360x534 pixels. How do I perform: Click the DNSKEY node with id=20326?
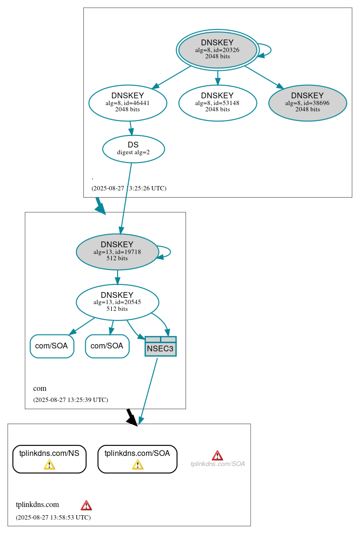[217, 50]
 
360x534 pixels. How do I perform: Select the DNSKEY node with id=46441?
[128, 103]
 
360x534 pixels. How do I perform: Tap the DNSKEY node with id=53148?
[217, 103]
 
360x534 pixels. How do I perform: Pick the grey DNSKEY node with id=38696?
[307, 103]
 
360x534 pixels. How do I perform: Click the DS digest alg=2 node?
[133, 149]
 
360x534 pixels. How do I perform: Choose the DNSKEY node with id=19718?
[117, 252]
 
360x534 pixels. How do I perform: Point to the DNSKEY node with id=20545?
[117, 302]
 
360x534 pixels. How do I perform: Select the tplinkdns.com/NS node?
[49, 458]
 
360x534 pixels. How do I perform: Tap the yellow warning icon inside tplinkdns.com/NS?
[49, 464]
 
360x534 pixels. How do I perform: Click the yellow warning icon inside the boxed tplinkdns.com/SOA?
[137, 464]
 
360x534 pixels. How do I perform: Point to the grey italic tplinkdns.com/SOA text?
[218, 464]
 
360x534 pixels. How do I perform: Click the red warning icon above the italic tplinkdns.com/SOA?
[217, 455]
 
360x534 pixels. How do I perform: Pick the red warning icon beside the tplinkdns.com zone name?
[86, 505]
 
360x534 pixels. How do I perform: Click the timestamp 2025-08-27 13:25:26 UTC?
[129, 188]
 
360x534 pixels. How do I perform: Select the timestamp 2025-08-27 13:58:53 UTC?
[53, 517]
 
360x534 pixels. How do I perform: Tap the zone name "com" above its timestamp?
[40, 388]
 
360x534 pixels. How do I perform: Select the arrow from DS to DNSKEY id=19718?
[126, 198]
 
